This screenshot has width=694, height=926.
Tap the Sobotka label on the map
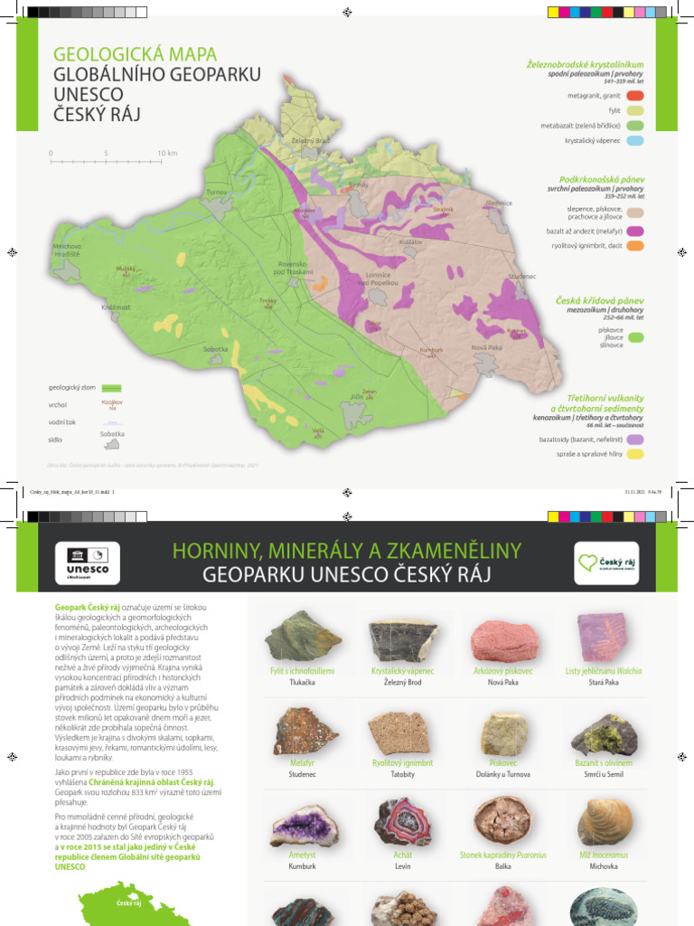pyautogui.click(x=216, y=348)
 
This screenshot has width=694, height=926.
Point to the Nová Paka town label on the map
pyautogui.click(x=486, y=347)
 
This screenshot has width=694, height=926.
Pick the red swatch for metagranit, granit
pyautogui.click(x=634, y=95)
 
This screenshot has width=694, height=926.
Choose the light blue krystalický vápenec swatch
pyautogui.click(x=634, y=141)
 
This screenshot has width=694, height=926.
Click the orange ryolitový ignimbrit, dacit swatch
pyautogui.click(x=634, y=245)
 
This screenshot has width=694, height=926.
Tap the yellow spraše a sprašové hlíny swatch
pyautogui.click(x=634, y=455)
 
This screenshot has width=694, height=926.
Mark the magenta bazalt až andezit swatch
pyautogui.click(x=634, y=231)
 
